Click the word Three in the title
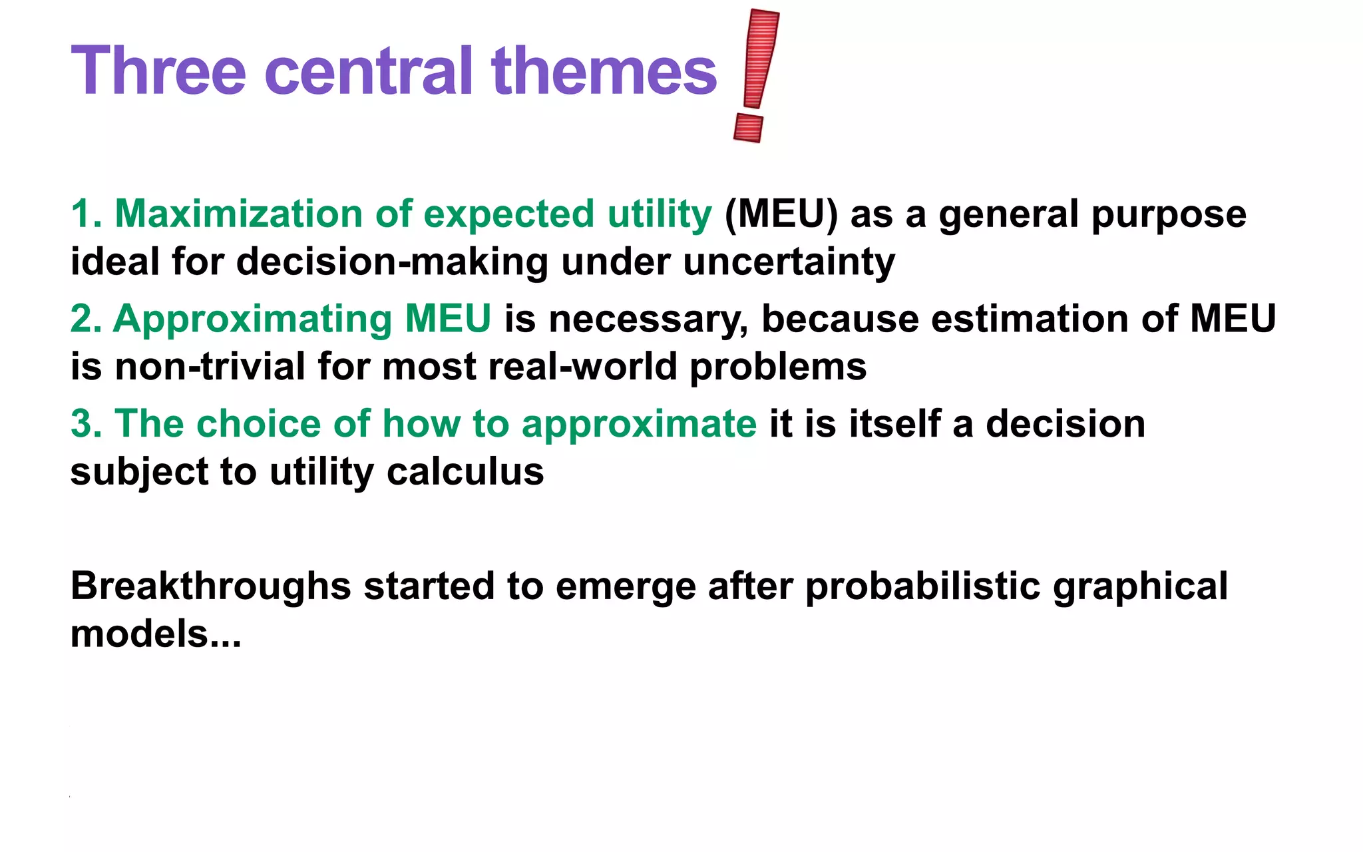pos(158,71)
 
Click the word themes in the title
pos(604,71)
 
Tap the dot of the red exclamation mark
pos(748,127)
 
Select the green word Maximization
pos(238,214)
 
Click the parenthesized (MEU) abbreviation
pos(781,214)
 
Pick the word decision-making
pos(392,262)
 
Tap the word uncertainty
pos(789,262)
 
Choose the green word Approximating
pos(253,319)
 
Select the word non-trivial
pos(210,367)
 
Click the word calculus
pos(465,472)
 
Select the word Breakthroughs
pos(210,586)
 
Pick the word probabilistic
pos(922,586)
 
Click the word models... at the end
pos(155,634)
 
